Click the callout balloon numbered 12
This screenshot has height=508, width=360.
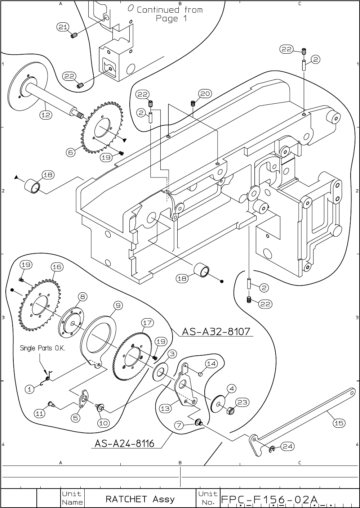46,115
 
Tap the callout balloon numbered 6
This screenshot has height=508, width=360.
71,152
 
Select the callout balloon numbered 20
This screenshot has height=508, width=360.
205,94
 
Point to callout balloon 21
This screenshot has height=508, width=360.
63,27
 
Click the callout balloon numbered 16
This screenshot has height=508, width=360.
57,267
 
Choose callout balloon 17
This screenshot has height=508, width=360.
147,323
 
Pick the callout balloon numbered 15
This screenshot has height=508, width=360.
339,423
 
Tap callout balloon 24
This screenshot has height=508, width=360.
287,446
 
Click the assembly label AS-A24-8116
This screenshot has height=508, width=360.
124,443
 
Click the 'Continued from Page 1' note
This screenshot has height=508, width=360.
169,14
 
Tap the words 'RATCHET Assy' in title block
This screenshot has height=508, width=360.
140,499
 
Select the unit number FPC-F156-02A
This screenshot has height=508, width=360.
269,500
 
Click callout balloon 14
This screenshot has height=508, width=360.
211,364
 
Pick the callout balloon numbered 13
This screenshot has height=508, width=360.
165,409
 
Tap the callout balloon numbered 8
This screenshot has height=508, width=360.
83,297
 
